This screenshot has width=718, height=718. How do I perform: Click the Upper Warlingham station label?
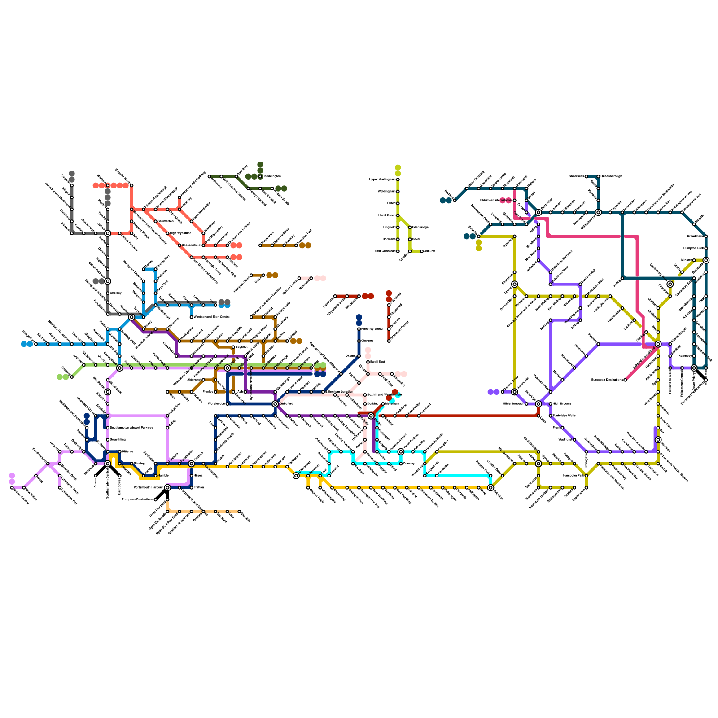[x=382, y=179]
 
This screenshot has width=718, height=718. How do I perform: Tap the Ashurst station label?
[x=430, y=251]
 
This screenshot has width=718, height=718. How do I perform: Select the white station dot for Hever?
[x=410, y=239]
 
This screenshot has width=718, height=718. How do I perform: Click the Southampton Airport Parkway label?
[x=131, y=428]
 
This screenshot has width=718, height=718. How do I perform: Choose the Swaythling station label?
[x=118, y=440]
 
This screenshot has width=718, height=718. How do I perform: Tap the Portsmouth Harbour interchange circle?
[x=167, y=487]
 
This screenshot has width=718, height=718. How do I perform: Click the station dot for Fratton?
[x=192, y=487]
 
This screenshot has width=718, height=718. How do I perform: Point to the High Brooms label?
[x=561, y=404]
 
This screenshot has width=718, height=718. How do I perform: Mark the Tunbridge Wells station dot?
[x=551, y=416]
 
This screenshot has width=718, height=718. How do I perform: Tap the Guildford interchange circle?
[x=275, y=404]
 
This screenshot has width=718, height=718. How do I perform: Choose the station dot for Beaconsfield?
[x=179, y=245]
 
